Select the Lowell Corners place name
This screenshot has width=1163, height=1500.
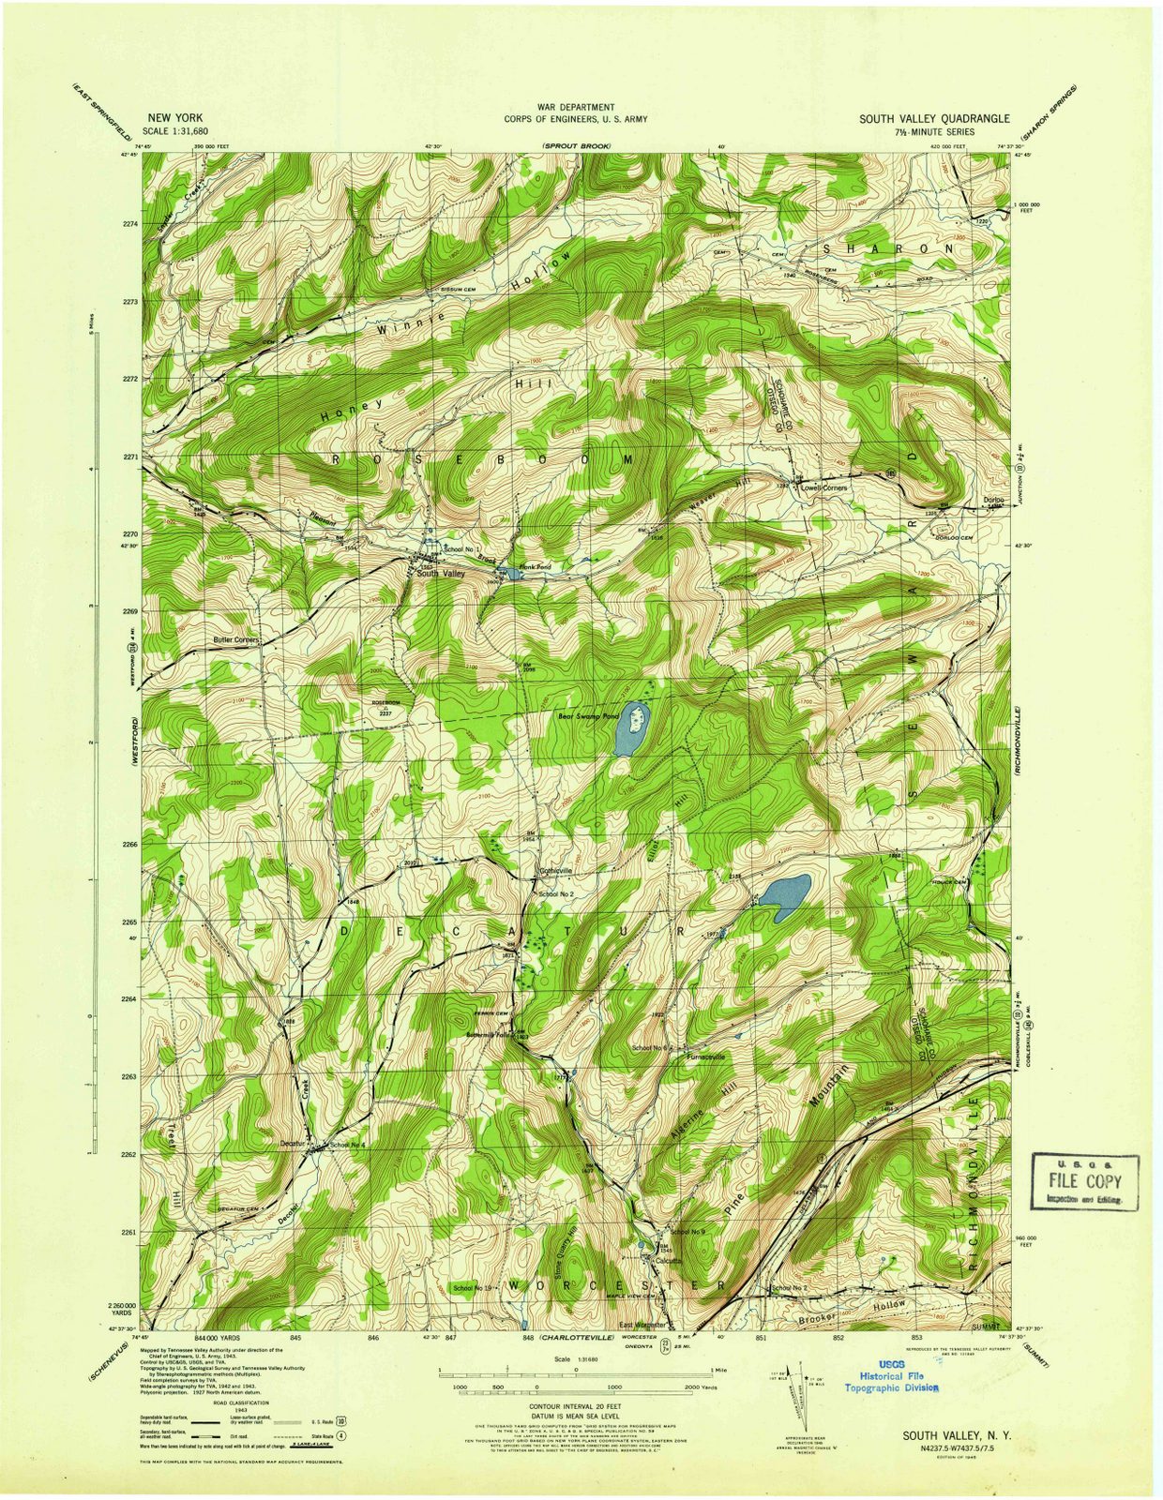pyautogui.click(x=823, y=488)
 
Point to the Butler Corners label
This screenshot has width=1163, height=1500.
pyautogui.click(x=234, y=641)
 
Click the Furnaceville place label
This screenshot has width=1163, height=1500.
pyautogui.click(x=705, y=1057)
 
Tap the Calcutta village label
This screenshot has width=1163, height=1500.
pyautogui.click(x=668, y=1261)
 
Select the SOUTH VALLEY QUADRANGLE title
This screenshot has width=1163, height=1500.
pyautogui.click(x=934, y=119)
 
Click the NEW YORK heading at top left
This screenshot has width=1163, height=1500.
pyautogui.click(x=171, y=118)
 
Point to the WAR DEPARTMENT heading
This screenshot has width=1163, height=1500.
pyautogui.click(x=575, y=109)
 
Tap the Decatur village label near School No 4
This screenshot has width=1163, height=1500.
pyautogui.click(x=294, y=1143)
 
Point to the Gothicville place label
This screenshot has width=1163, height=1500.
pyautogui.click(x=554, y=871)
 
